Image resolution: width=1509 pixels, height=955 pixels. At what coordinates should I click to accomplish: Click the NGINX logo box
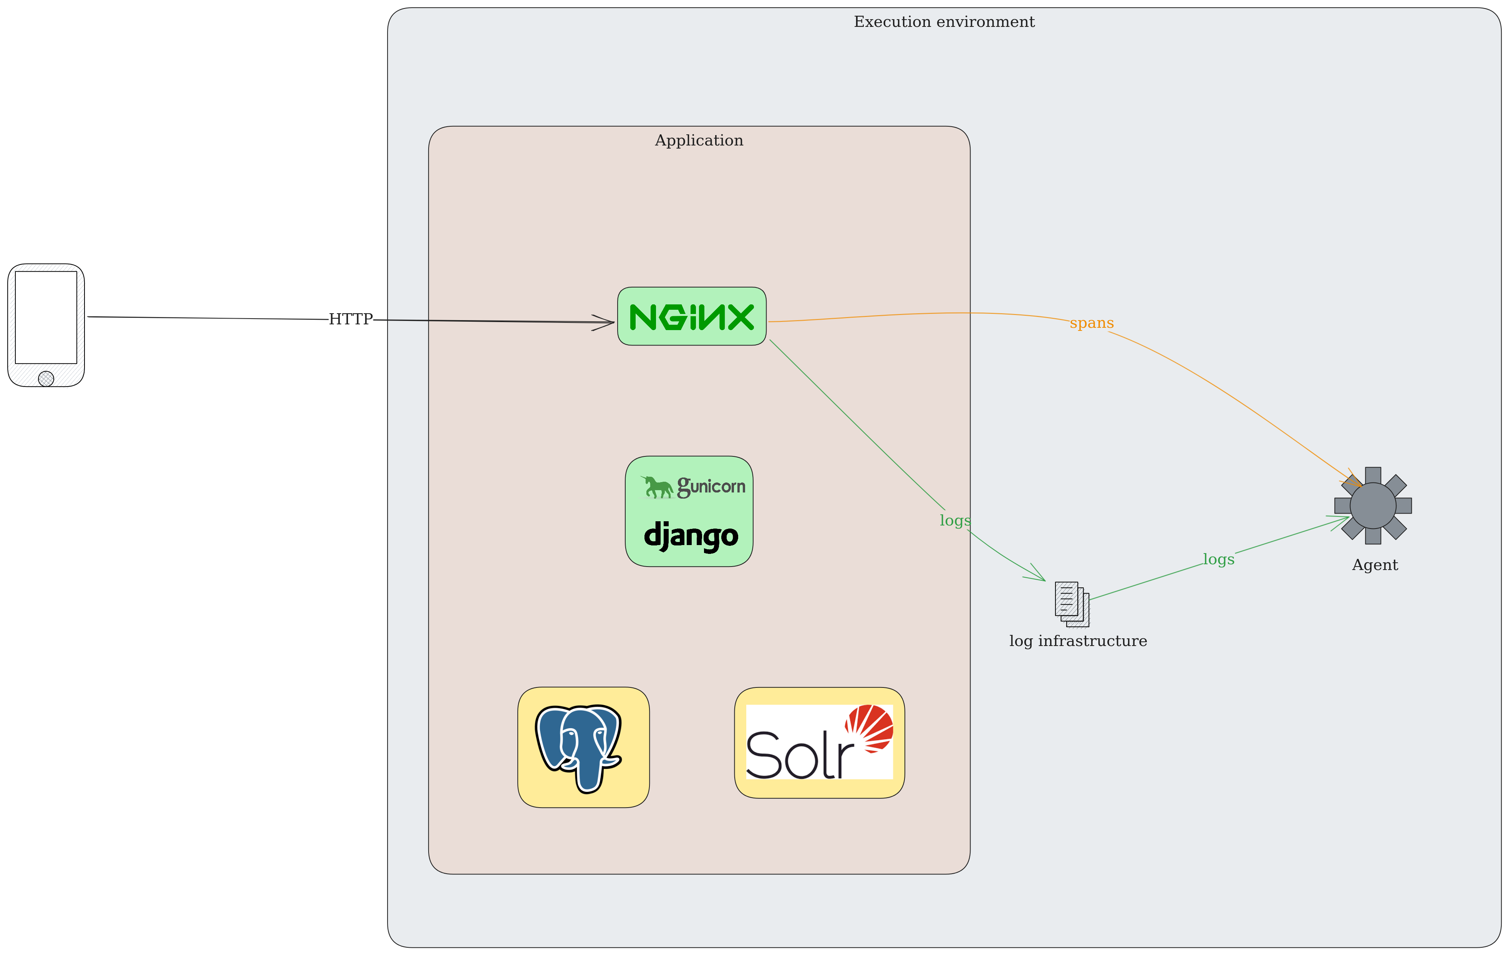(692, 316)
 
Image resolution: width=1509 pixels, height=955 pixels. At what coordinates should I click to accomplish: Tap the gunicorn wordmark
(693, 487)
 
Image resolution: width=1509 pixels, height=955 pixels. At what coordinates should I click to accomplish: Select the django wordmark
(691, 537)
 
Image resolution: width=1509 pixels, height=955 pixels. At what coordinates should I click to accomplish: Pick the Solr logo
(820, 742)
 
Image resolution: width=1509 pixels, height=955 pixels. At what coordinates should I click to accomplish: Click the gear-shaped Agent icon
(1373, 506)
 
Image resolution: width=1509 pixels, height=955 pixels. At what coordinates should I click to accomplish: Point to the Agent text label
(1375, 565)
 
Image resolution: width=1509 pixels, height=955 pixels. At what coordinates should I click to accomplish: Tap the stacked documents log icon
(1072, 604)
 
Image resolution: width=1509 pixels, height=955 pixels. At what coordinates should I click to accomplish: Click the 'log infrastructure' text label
(1078, 641)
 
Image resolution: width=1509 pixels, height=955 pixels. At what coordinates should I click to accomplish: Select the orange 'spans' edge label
(1092, 323)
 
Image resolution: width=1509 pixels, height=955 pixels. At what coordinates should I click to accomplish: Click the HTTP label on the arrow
(351, 319)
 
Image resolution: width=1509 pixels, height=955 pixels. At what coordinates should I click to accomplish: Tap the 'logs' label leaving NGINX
(955, 520)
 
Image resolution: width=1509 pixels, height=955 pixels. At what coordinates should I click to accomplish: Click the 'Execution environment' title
(944, 22)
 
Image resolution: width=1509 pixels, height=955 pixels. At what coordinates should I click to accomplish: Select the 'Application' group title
(699, 140)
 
